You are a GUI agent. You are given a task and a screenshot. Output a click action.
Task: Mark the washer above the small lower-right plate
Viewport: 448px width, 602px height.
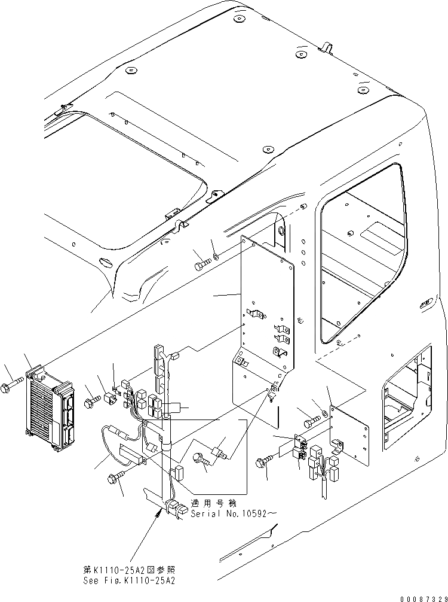[323, 414]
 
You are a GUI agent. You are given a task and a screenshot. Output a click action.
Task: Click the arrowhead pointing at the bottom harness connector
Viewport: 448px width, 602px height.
[159, 512]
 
